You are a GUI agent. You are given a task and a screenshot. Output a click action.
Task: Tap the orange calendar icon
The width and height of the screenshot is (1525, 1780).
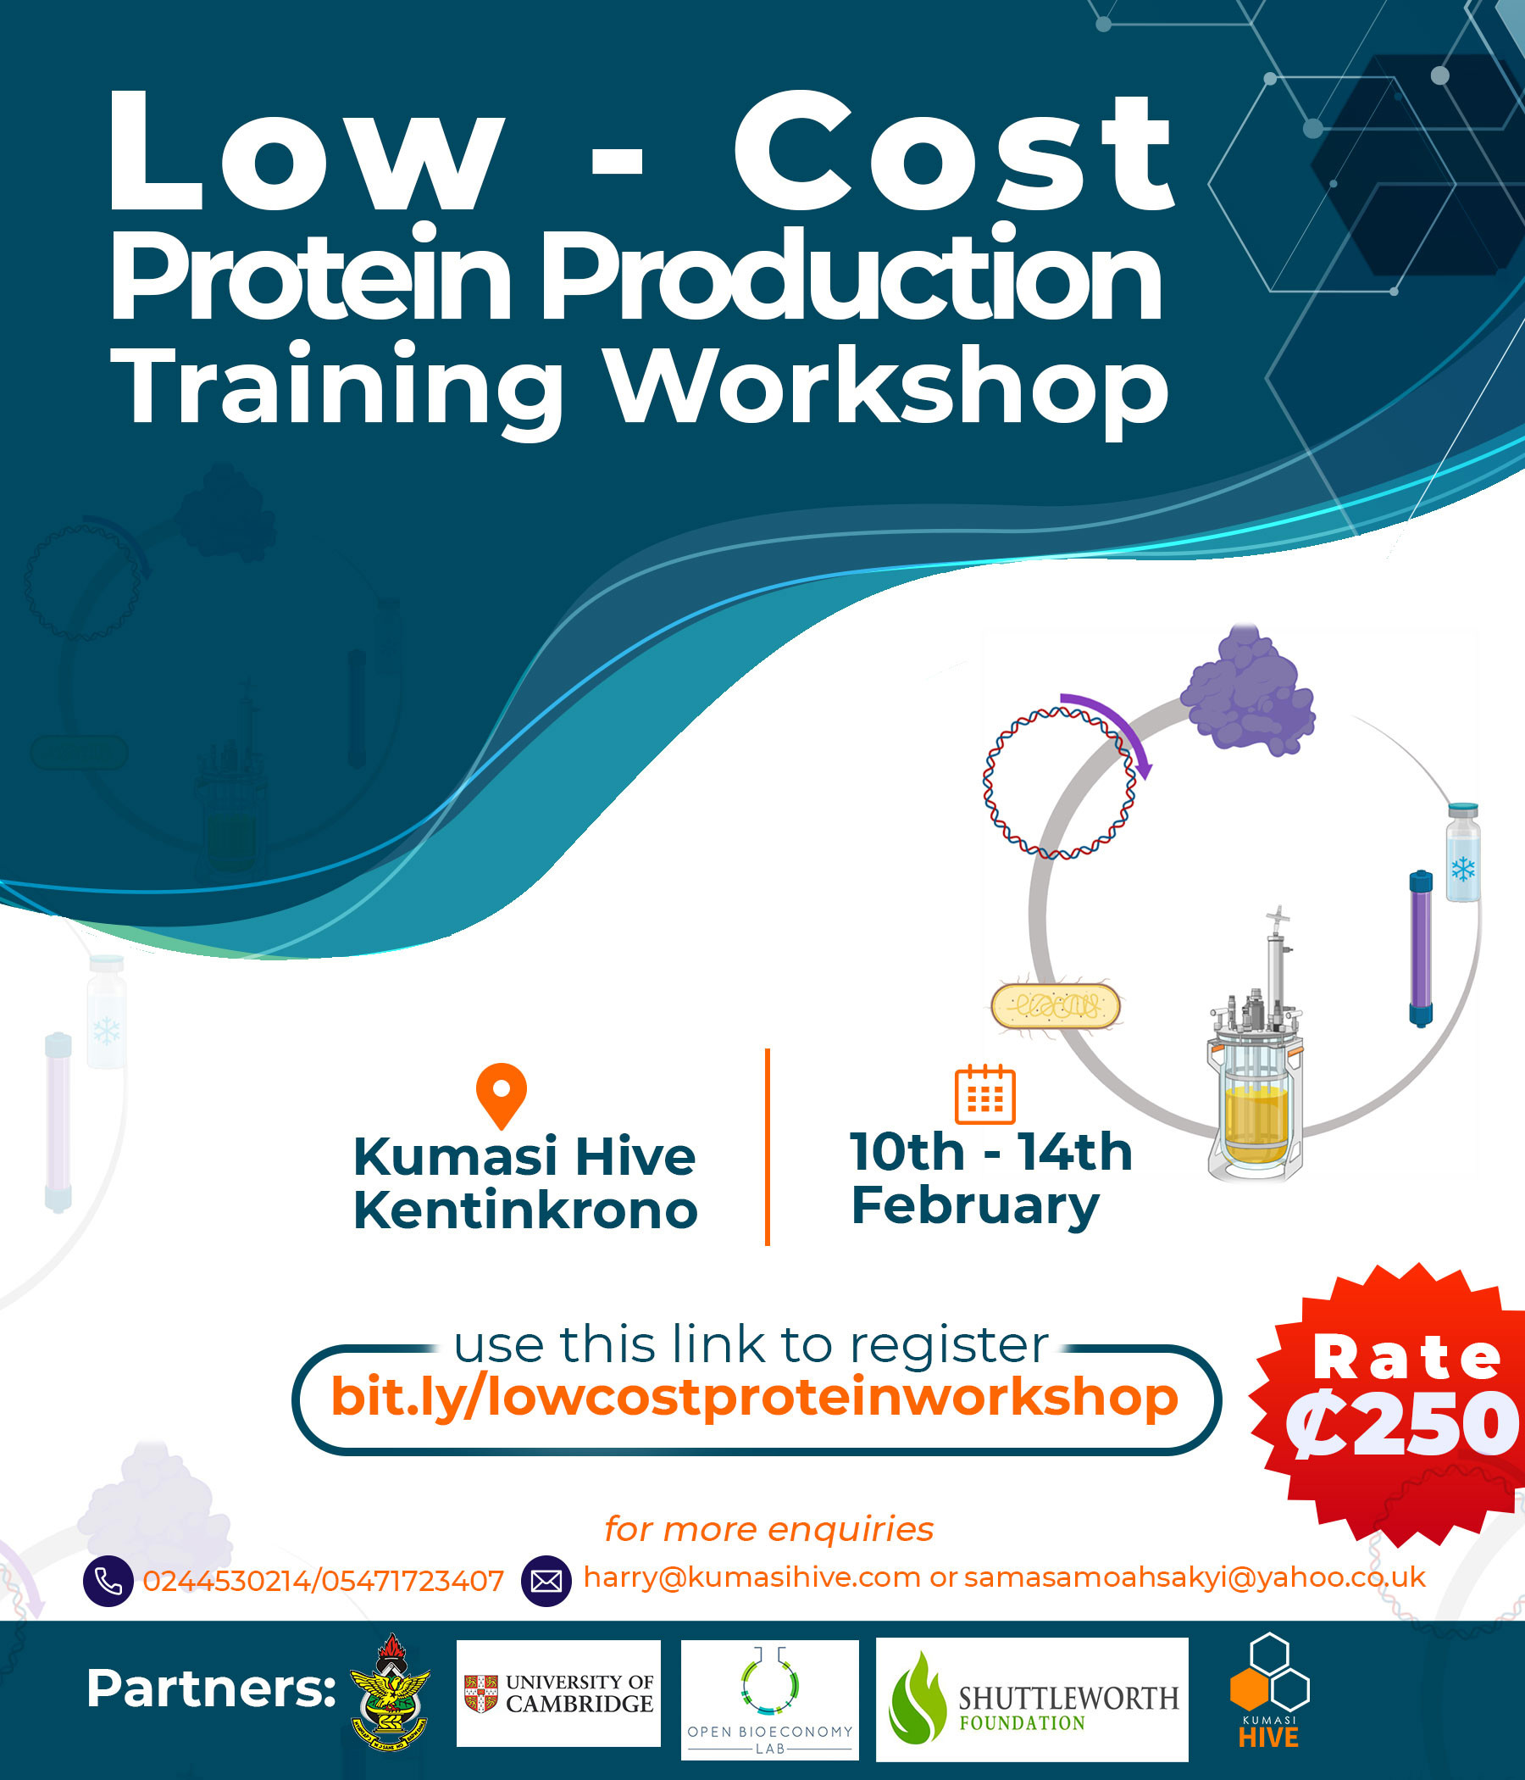(x=984, y=1093)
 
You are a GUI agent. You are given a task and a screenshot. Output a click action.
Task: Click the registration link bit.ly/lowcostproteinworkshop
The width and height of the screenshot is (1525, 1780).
(x=755, y=1397)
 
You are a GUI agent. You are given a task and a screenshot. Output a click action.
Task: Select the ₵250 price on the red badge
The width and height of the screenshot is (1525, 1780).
(x=1401, y=1424)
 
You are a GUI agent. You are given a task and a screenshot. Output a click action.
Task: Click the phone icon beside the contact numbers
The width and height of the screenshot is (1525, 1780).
(x=108, y=1581)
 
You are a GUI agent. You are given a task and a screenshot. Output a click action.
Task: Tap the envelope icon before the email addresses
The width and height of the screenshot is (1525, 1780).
(x=546, y=1581)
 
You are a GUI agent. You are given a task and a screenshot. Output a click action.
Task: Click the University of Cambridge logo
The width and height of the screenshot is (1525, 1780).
(x=558, y=1694)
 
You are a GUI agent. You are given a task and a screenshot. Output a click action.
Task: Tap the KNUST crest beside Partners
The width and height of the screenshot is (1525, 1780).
(x=391, y=1692)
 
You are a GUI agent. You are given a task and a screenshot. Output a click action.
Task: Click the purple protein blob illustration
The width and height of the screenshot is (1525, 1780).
(x=1248, y=691)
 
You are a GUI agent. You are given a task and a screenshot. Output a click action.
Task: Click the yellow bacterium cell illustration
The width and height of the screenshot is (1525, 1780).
(x=1056, y=1006)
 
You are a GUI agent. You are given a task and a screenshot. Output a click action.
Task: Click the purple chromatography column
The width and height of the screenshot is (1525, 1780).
(x=1421, y=948)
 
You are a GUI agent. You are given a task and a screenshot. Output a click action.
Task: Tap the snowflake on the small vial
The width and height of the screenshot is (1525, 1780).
(x=1463, y=868)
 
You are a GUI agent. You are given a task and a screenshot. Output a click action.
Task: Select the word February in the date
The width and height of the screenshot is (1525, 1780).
(x=974, y=1205)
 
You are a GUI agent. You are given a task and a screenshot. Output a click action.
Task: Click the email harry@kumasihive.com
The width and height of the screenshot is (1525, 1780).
(x=751, y=1577)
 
